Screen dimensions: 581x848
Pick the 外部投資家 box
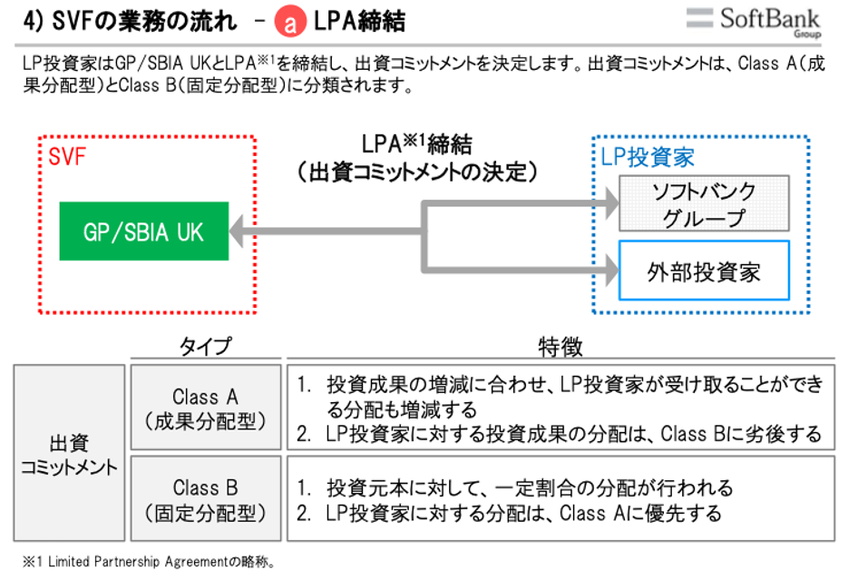[x=704, y=271]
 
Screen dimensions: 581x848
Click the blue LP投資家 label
[x=648, y=157]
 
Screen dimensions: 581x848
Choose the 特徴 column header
[x=560, y=347]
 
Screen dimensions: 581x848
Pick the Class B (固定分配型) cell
[x=206, y=499]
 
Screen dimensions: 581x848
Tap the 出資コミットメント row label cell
[x=69, y=454]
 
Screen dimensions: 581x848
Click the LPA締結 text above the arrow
[x=417, y=144]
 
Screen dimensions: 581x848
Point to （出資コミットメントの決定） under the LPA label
[x=417, y=172]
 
